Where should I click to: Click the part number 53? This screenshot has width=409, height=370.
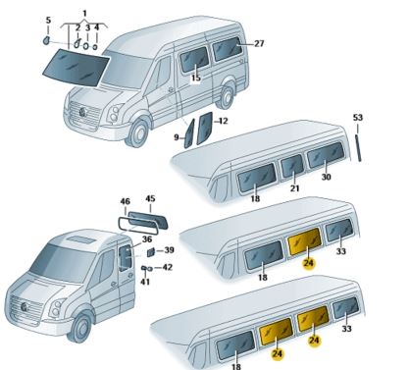coord(358,119)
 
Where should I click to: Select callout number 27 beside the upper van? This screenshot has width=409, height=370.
coord(259,44)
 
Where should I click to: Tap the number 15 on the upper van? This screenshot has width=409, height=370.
coord(195,78)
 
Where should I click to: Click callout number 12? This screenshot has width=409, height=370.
coord(223,121)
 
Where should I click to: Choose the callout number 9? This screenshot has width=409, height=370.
coord(178,136)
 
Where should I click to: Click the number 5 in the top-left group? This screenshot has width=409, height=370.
coord(48,20)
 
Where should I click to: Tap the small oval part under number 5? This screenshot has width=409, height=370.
coord(47,42)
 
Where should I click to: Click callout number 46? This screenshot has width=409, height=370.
coord(126,202)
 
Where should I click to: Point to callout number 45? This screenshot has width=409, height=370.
coord(150,199)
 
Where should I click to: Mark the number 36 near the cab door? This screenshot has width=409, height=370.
coord(145,238)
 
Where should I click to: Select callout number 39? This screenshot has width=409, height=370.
coord(169,250)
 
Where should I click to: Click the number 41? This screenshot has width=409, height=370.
coord(144,283)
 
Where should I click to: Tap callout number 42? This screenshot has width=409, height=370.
coord(168,267)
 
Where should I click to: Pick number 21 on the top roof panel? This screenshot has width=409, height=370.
coord(294,187)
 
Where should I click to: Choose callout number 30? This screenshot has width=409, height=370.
coord(326,177)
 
